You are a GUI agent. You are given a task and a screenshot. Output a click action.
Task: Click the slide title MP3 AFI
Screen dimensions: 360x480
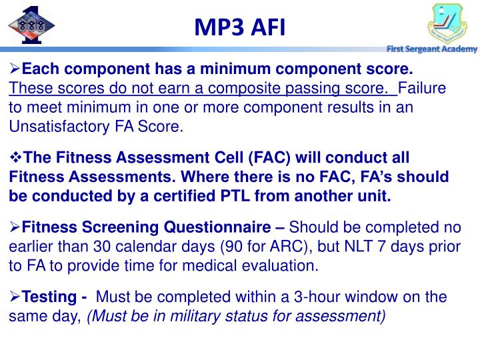[239, 27]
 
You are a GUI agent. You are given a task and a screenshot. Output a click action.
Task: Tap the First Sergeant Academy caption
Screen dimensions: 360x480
[433, 49]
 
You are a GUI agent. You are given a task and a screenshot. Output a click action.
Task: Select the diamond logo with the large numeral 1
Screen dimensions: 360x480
[27, 24]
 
